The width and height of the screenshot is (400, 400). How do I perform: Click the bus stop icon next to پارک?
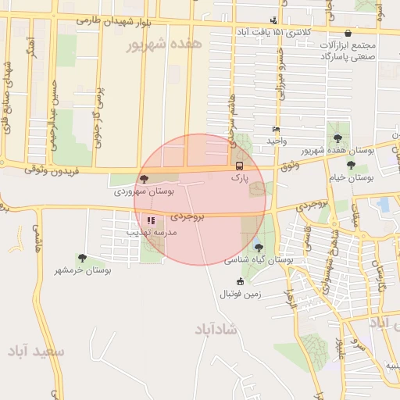[x=239, y=166]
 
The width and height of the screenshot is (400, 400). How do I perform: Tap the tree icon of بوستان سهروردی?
[x=142, y=180]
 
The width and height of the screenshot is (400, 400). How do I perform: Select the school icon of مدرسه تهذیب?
[x=151, y=221]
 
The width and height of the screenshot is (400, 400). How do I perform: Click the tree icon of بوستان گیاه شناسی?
[x=259, y=248]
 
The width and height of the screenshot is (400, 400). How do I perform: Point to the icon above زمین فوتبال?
[x=240, y=281]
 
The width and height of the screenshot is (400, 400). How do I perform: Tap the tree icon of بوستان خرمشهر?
[x=82, y=258]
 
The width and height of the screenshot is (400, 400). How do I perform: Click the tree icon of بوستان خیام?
[x=350, y=165]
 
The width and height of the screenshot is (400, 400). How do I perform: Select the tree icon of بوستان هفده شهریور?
[x=337, y=137]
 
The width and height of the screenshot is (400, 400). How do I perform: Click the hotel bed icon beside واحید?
[x=275, y=129]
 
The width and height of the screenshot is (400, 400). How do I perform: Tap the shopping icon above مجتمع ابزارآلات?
[x=347, y=34]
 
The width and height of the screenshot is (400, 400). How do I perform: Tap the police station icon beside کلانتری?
[x=273, y=20]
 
